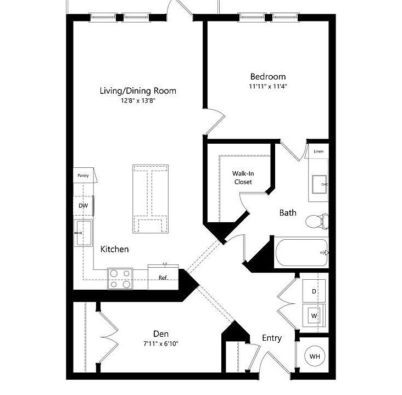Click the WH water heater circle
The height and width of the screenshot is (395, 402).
(x=314, y=356)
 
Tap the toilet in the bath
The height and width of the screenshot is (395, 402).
(x=317, y=221)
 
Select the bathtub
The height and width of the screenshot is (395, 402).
(x=302, y=252)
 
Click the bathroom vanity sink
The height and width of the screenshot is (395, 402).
(x=319, y=184)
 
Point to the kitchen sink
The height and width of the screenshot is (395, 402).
(x=83, y=233)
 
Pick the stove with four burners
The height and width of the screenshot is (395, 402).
(x=120, y=279)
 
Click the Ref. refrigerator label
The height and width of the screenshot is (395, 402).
(x=163, y=278)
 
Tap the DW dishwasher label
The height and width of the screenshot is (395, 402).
(x=83, y=205)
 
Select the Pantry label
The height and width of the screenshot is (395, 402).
(x=83, y=176)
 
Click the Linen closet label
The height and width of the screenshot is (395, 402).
(x=319, y=151)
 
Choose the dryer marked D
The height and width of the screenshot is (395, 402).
(x=314, y=291)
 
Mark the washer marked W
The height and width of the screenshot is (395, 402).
(x=314, y=315)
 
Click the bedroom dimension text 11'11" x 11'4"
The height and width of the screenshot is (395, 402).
(x=267, y=86)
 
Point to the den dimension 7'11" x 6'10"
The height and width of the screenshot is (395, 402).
(x=161, y=343)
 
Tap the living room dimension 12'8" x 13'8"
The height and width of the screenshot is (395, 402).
(x=138, y=101)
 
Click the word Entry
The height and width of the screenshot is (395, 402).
(x=272, y=338)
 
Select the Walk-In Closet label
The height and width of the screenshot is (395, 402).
(x=243, y=178)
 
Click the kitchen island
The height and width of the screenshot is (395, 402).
(x=150, y=199)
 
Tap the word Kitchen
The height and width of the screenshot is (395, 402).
(x=114, y=249)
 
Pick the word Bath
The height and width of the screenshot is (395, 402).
(x=288, y=213)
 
